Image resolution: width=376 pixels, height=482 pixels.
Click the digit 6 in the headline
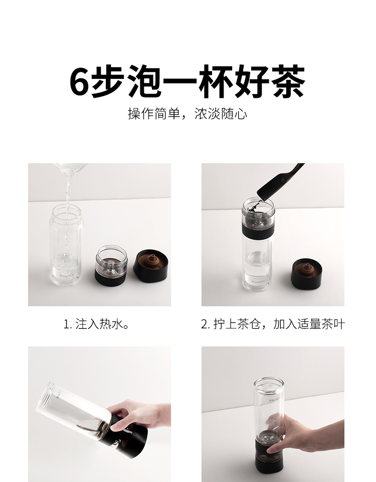79,81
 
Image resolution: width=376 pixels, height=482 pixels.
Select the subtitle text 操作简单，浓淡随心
187,114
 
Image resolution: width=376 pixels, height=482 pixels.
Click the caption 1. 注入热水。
96,324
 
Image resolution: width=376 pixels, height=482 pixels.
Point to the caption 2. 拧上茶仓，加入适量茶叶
273,324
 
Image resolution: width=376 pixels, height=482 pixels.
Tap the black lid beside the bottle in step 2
307,274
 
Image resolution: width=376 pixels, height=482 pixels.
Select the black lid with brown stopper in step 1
151,266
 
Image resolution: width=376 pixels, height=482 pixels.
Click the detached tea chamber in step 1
111,265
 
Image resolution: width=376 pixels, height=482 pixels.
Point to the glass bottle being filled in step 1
66,245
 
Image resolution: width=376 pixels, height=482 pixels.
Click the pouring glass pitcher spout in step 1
71,171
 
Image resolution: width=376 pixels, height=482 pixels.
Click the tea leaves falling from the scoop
254,206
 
